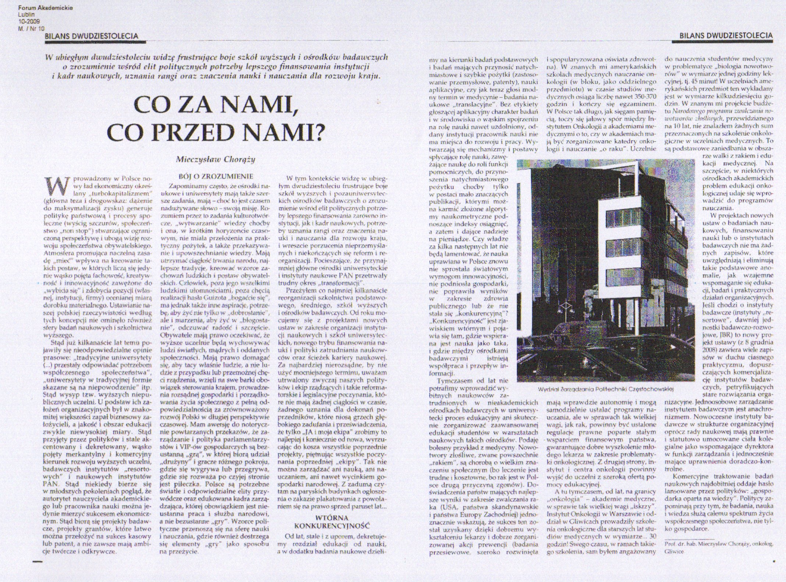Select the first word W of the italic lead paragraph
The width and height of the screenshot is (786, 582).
tap(47, 58)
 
